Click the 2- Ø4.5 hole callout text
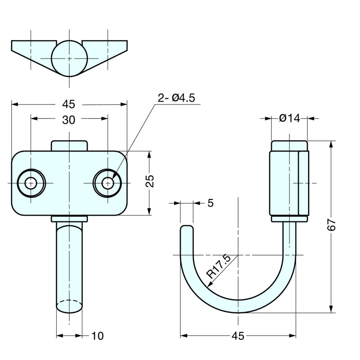[176, 98]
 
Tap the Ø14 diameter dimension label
[289, 118]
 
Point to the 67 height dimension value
[331, 225]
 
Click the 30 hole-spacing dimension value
[68, 120]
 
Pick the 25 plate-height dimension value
[150, 181]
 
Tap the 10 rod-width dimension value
[98, 336]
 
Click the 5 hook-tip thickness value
[211, 203]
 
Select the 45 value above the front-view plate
[69, 104]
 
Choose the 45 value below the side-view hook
[238, 336]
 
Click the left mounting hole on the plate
[31, 183]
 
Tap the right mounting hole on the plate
[108, 183]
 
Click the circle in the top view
[69, 58]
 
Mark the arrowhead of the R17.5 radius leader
[209, 285]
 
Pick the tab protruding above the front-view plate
[69, 146]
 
